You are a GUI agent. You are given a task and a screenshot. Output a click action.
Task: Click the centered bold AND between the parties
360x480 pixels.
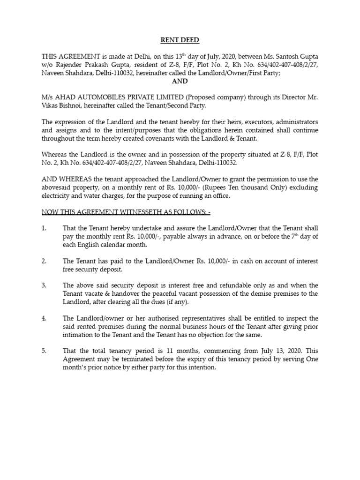point(180,81)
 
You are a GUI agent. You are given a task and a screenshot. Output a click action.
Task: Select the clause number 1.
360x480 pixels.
point(44,228)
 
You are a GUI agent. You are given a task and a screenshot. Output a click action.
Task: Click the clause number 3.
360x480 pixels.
point(44,285)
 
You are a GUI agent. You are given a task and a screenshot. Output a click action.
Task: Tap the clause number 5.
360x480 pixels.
point(44,351)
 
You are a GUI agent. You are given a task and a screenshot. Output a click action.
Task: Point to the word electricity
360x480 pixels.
point(58,195)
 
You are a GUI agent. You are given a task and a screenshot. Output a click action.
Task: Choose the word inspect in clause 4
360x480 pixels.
point(298,318)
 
